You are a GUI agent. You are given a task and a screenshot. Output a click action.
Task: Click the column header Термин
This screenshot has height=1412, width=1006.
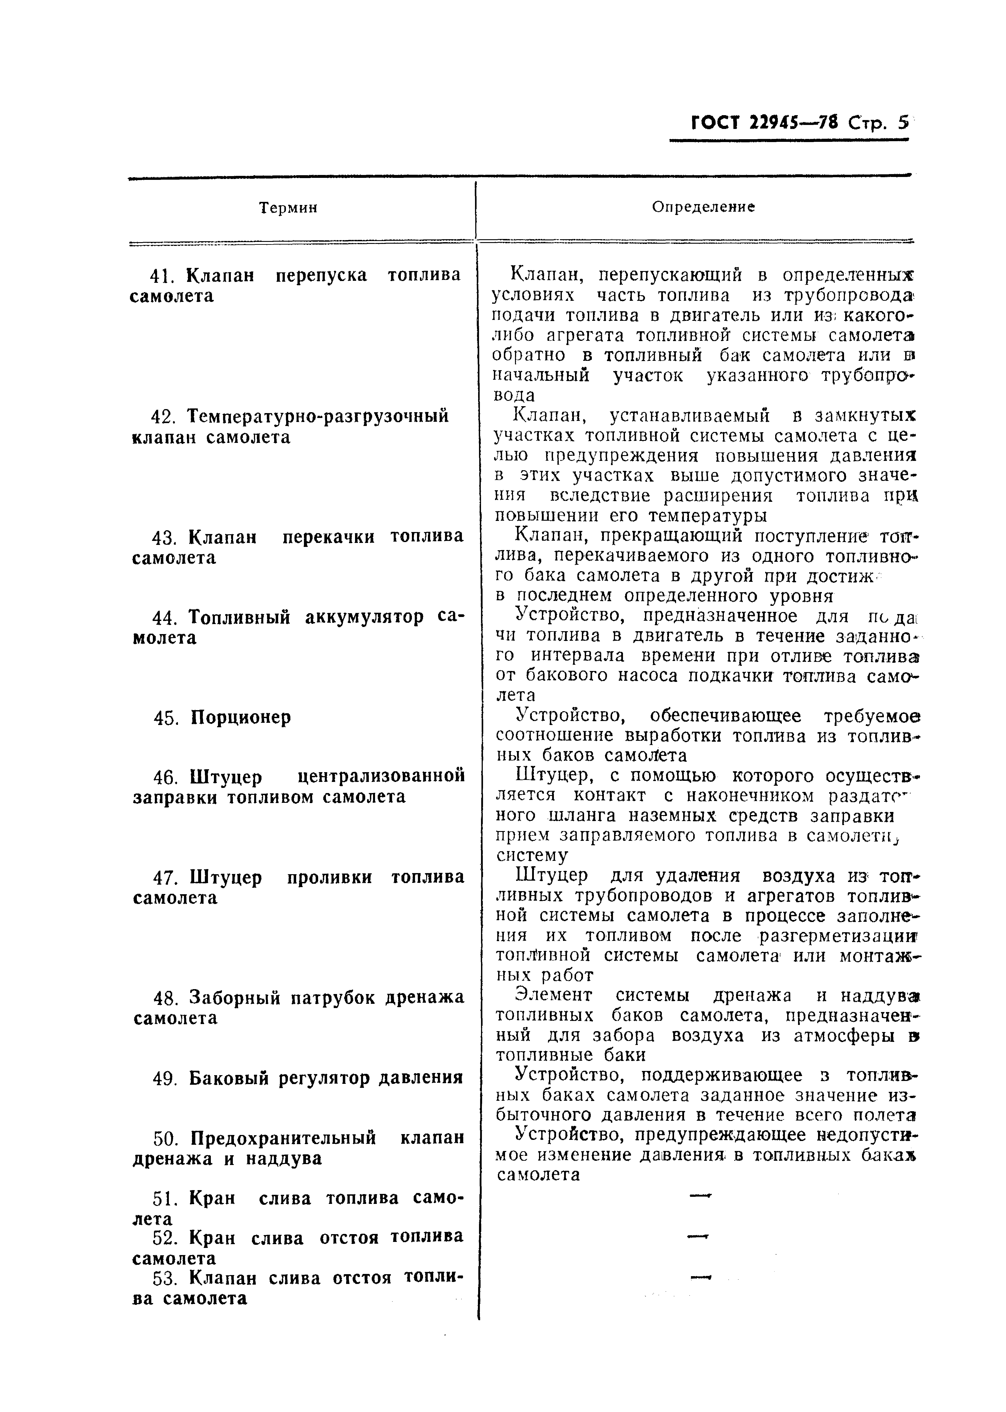288,208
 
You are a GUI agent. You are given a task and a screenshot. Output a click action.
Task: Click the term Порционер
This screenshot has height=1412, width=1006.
240,717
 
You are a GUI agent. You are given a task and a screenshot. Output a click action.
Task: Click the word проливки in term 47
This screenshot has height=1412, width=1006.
329,877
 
